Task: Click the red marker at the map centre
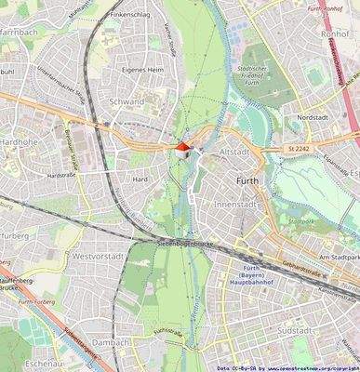tap(182, 146)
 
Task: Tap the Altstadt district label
tap(234, 151)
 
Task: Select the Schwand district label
tap(126, 101)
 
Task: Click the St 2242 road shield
tap(299, 148)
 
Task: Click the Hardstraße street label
tap(60, 174)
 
